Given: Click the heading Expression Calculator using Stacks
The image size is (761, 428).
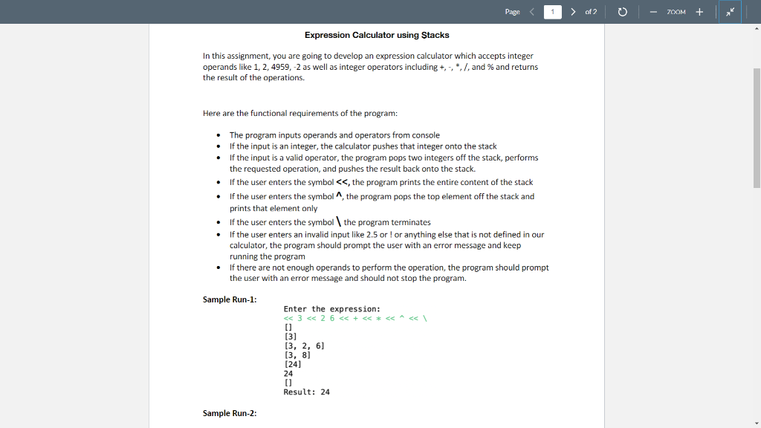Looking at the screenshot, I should (x=377, y=35).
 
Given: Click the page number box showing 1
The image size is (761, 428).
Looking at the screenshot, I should (x=553, y=12).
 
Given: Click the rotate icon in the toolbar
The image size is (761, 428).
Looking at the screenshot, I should (x=623, y=12).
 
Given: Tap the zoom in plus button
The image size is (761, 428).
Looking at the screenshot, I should (x=699, y=12).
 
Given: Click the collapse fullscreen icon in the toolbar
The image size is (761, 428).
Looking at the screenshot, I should (x=730, y=12).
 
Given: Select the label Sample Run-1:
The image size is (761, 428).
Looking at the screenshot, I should (x=230, y=299).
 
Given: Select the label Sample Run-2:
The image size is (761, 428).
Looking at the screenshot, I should (x=230, y=413).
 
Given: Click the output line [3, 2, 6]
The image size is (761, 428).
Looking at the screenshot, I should (x=304, y=346).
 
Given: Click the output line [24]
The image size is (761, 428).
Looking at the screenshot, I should (x=293, y=364).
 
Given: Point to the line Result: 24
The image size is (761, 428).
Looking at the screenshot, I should (x=306, y=392).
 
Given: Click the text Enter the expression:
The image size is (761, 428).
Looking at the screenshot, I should (x=331, y=309).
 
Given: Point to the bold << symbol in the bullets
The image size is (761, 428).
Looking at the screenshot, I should (x=343, y=182).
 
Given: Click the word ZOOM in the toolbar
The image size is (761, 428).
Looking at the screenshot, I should (x=676, y=12).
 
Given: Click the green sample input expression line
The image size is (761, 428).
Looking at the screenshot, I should (x=353, y=318).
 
